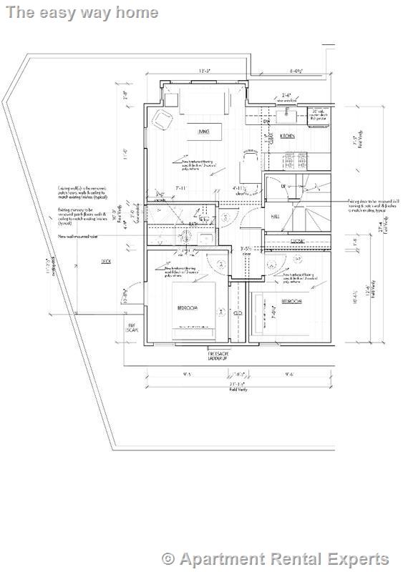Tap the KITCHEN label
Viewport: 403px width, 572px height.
click(288, 135)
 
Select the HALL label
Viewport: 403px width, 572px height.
click(275, 217)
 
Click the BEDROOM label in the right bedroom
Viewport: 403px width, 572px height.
click(291, 302)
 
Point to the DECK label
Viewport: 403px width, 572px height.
click(105, 262)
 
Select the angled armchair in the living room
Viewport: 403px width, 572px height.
click(162, 121)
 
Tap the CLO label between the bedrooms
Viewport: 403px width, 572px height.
click(237, 312)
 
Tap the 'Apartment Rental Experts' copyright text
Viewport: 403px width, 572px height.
click(276, 558)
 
